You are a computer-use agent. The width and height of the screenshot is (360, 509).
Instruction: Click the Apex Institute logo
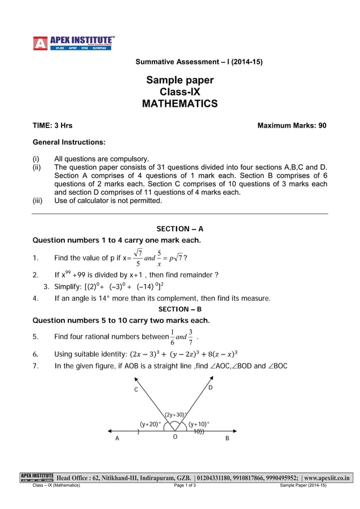pos(74,43)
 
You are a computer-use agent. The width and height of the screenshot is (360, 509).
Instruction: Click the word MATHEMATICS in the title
pos(179,104)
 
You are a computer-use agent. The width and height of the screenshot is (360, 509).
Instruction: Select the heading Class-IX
pos(179,92)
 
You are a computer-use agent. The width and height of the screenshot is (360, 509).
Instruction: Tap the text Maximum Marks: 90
pos(291,125)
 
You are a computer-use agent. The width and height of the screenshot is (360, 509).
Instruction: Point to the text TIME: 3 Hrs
pos(52,125)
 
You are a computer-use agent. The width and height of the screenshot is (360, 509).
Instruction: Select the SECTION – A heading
pos(179,229)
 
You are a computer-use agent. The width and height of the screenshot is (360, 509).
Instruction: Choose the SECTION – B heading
pos(179,309)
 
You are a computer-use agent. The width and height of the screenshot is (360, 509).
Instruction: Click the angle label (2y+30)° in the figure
pos(175,415)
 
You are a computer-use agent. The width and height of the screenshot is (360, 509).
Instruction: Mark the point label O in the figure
pos(175,437)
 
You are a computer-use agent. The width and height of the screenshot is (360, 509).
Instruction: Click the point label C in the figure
pos(135,390)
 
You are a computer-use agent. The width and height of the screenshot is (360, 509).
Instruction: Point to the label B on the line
pos(227,438)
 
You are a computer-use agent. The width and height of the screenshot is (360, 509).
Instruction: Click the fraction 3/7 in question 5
pos(191,337)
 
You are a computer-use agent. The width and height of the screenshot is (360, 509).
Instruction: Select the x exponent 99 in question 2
pos(67,272)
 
